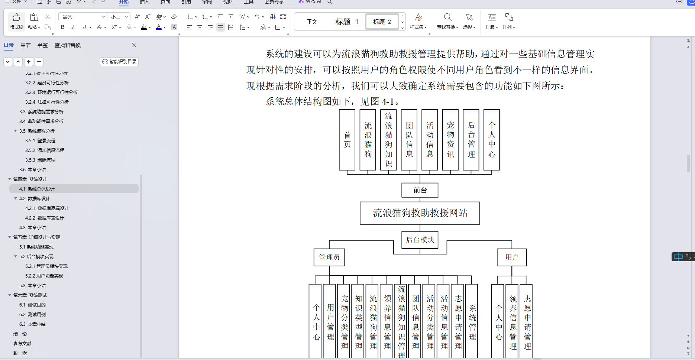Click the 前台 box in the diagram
[420, 190]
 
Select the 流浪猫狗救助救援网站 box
[420, 213]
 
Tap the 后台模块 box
[420, 240]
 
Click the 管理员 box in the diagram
[329, 257]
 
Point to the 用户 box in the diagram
[512, 257]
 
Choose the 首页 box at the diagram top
[347, 140]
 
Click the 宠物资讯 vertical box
[450, 140]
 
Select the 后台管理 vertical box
[471, 140]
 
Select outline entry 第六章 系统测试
[30, 295]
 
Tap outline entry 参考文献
[22, 344]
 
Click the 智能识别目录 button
[119, 62]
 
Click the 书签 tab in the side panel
[43, 45]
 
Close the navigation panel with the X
[134, 45]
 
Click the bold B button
[63, 27]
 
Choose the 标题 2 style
[382, 22]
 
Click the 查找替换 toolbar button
[447, 22]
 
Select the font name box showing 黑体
[82, 17]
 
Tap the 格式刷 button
[17, 22]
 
